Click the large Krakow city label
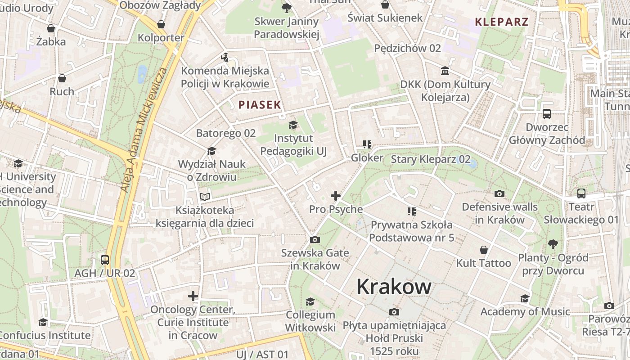click(x=394, y=287)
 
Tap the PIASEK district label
click(x=260, y=105)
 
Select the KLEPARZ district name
click(x=501, y=22)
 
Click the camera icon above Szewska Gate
click(x=315, y=239)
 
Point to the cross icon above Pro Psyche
click(x=336, y=196)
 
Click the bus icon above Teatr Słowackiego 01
click(x=581, y=193)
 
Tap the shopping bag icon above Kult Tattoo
click(x=484, y=250)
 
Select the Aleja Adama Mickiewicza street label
click(x=144, y=130)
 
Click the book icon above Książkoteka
click(x=205, y=197)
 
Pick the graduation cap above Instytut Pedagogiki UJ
click(x=293, y=125)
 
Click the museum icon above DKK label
click(x=445, y=71)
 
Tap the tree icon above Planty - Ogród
click(x=553, y=244)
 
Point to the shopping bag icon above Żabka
click(x=51, y=28)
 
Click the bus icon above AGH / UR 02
click(x=105, y=260)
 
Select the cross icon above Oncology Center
click(x=193, y=296)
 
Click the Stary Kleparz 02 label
click(x=431, y=159)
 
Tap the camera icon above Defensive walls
click(x=499, y=194)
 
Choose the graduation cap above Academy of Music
click(x=525, y=298)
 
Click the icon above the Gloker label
click(x=367, y=144)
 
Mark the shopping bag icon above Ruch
click(x=62, y=78)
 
